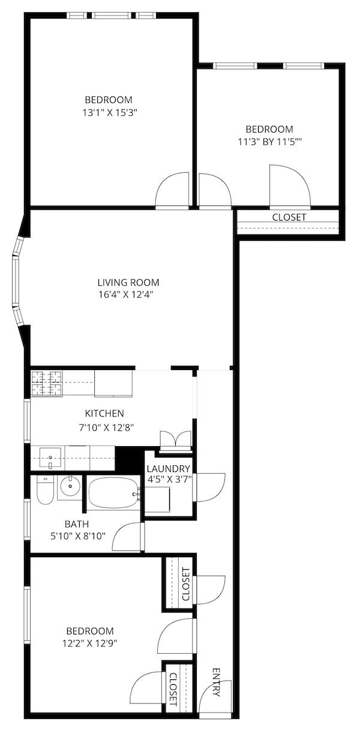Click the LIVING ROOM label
point(128,282)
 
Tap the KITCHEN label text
point(104,413)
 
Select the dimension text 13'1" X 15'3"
point(110,113)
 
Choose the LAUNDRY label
point(168,468)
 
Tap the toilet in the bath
point(44,491)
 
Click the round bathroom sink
point(70,486)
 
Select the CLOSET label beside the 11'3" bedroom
point(289,217)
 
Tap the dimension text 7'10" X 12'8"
point(106,428)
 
